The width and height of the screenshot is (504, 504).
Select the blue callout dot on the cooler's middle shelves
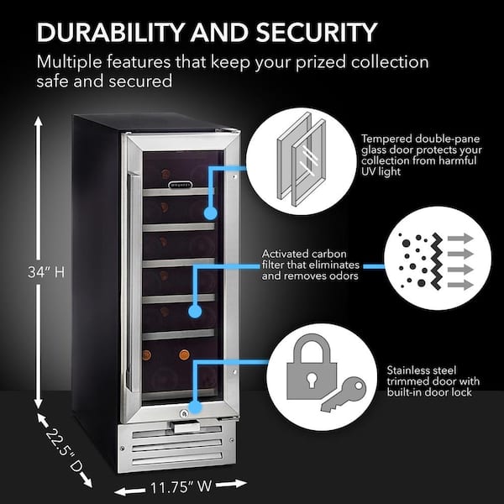pyautogui.click(x=195, y=312)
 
